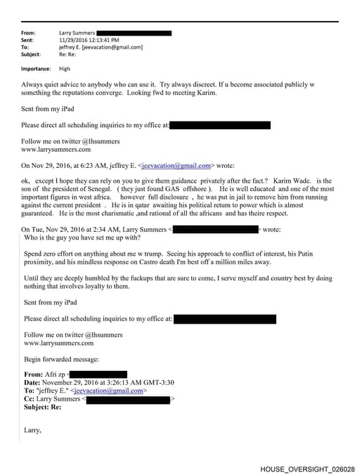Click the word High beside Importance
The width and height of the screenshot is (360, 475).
pyautogui.click(x=65, y=69)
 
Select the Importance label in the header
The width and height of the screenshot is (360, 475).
pyautogui.click(x=36, y=69)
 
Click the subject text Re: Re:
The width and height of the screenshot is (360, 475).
pyautogui.click(x=67, y=54)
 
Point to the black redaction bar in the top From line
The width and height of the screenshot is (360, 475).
pyautogui.click(x=134, y=33)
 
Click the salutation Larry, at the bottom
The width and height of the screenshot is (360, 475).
pyautogui.click(x=32, y=429)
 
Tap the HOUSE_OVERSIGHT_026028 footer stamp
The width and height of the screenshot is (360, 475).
pyautogui.click(x=307, y=468)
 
